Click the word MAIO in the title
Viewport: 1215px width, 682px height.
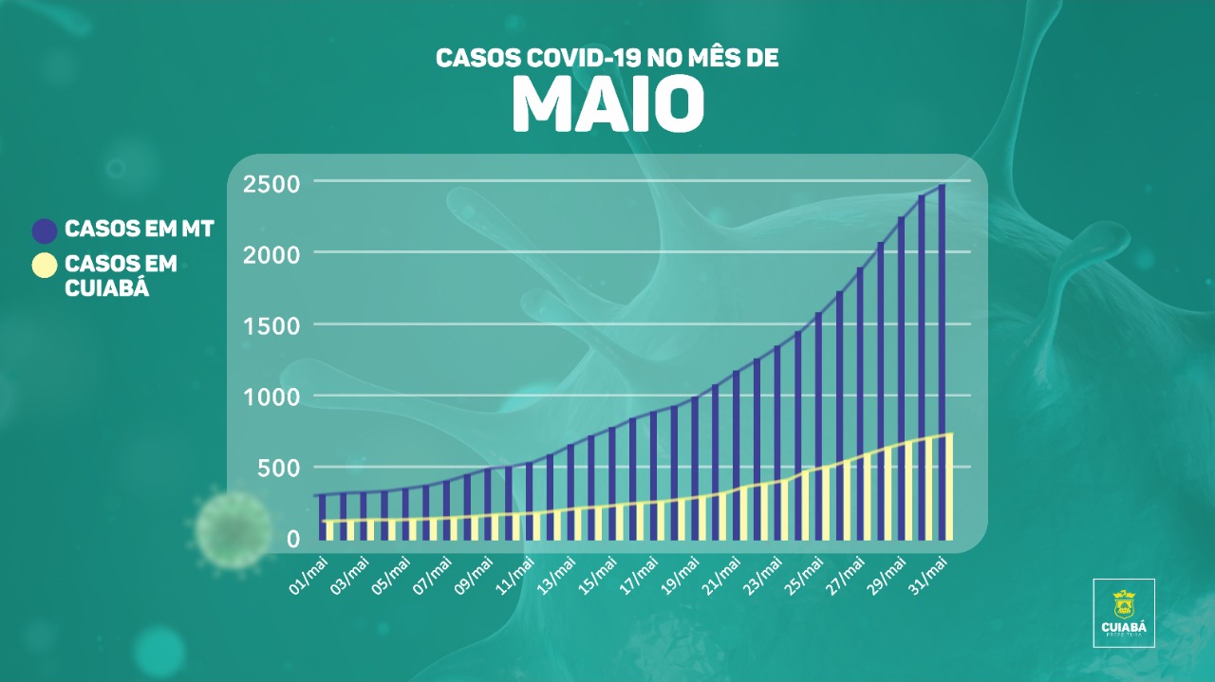[607, 103]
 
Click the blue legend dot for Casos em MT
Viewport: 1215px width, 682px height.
[45, 230]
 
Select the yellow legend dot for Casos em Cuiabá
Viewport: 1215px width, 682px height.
[45, 266]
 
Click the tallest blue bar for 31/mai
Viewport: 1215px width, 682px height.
[942, 313]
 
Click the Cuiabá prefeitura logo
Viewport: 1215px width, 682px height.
[1124, 613]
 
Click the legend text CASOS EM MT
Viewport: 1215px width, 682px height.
[139, 230]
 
